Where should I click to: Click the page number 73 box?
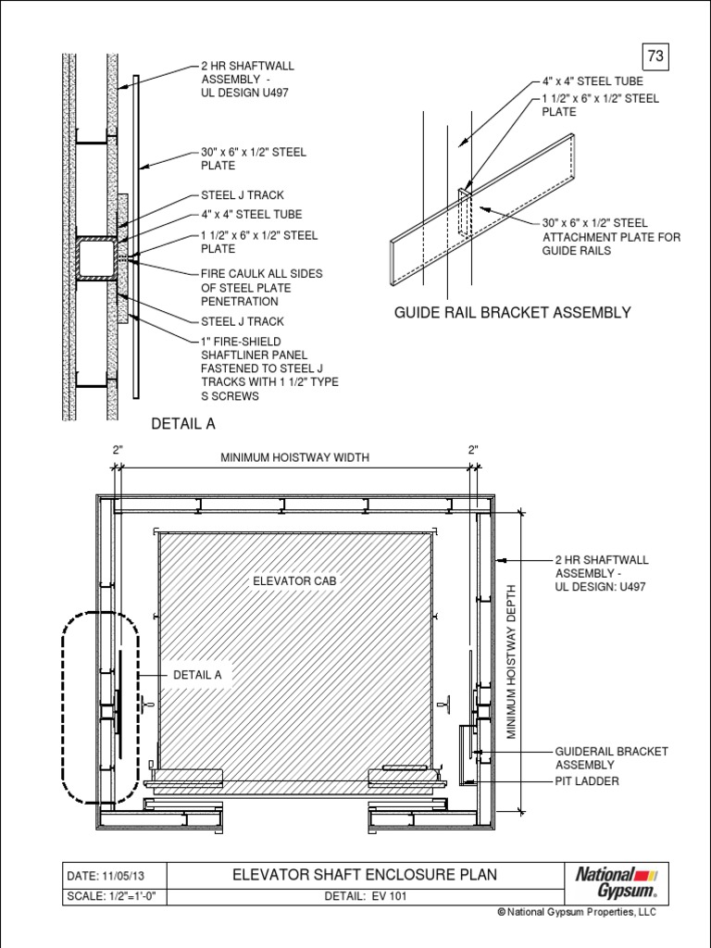[655, 56]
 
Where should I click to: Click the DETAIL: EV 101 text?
[366, 896]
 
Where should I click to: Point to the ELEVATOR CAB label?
[294, 581]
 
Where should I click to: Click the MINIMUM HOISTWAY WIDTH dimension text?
[293, 457]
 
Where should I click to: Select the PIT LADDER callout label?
[587, 781]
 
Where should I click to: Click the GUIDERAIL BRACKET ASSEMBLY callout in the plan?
[611, 757]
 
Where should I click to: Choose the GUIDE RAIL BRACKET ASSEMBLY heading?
[512, 313]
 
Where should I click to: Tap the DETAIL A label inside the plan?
[197, 675]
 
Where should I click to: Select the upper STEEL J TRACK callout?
[242, 196]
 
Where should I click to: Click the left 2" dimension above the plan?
[118, 449]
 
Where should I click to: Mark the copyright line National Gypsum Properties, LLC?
[576, 913]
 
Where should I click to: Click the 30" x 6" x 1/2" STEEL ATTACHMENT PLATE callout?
[611, 237]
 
